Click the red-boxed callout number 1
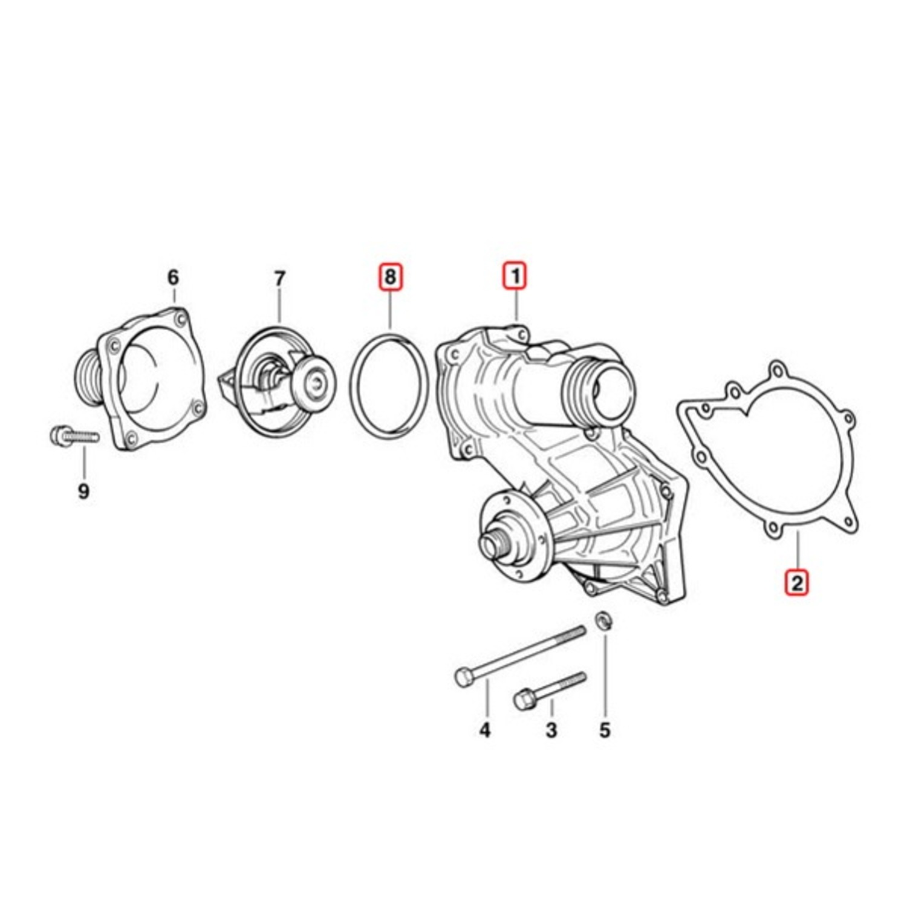pyautogui.click(x=516, y=276)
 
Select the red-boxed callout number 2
pyautogui.click(x=796, y=583)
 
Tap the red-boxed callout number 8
pyautogui.click(x=390, y=277)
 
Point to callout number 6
pyautogui.click(x=174, y=278)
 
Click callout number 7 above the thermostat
pyautogui.click(x=279, y=279)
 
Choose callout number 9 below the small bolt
pyautogui.click(x=83, y=491)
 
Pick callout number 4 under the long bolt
pyautogui.click(x=485, y=730)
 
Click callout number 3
pyautogui.click(x=551, y=730)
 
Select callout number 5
pyautogui.click(x=605, y=730)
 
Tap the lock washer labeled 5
pyautogui.click(x=603, y=621)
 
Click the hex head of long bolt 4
pyautogui.click(x=463, y=677)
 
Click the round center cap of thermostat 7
pyautogui.click(x=314, y=382)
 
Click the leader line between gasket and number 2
pyautogui.click(x=797, y=550)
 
